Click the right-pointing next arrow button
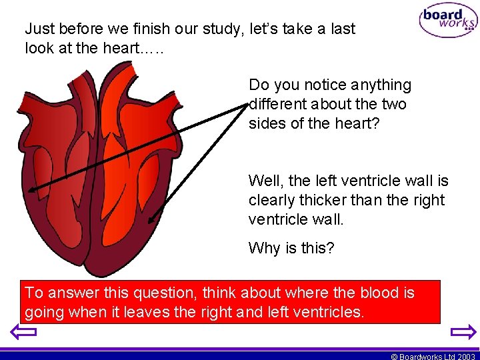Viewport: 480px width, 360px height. (463, 331)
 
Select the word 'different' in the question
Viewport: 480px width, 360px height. (277, 104)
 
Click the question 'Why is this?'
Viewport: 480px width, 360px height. (291, 248)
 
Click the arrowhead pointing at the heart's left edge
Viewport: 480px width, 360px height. (31, 190)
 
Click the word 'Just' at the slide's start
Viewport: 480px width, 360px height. (38, 29)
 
